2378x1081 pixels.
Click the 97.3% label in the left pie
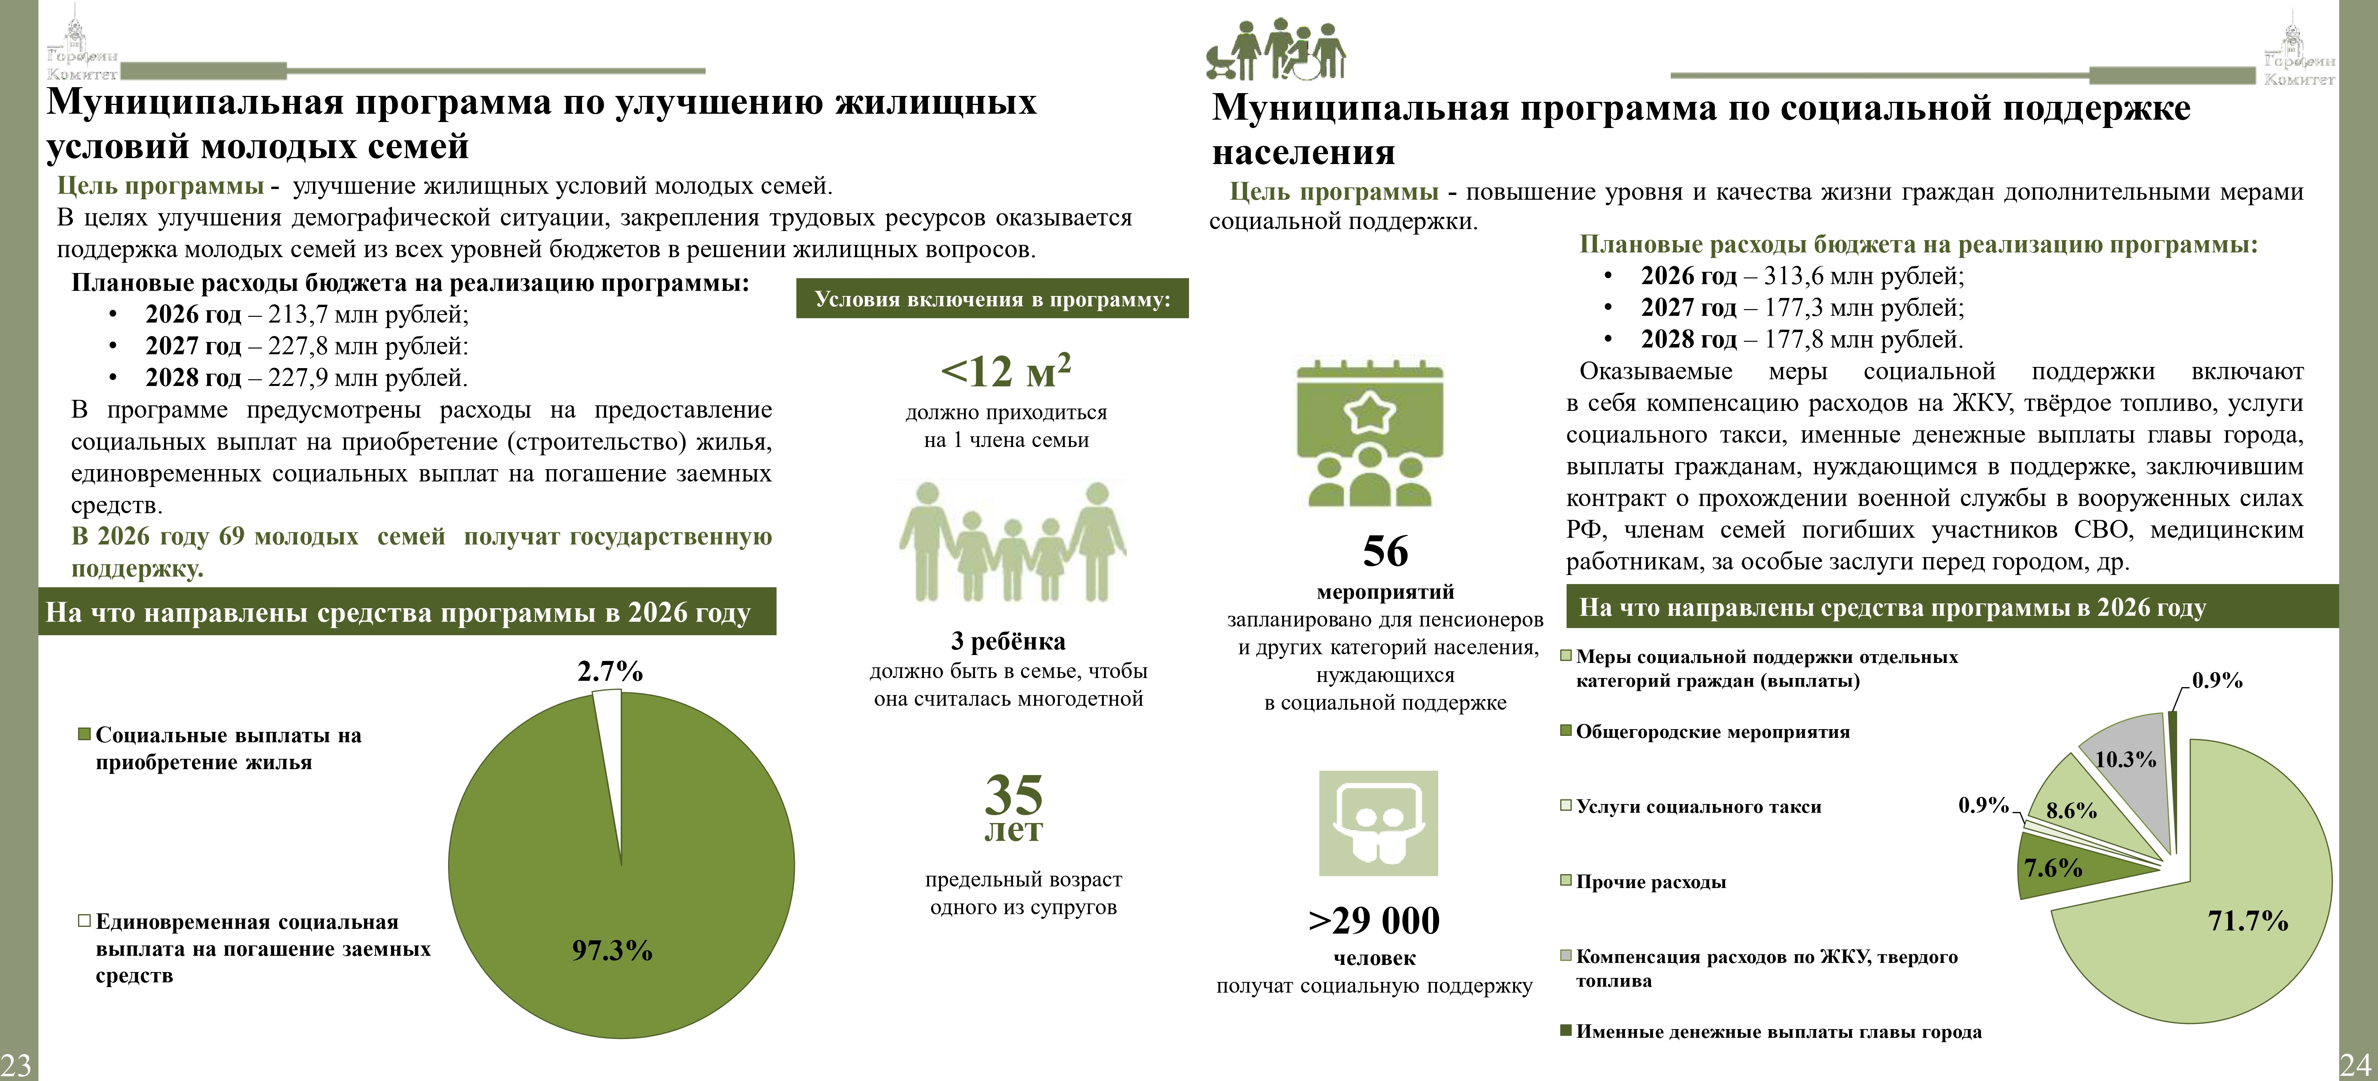(x=612, y=950)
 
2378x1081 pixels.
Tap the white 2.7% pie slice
(x=609, y=729)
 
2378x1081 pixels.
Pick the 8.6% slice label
(x=2071, y=810)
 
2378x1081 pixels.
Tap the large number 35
(x=1013, y=794)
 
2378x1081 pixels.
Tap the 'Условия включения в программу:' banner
(x=992, y=299)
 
